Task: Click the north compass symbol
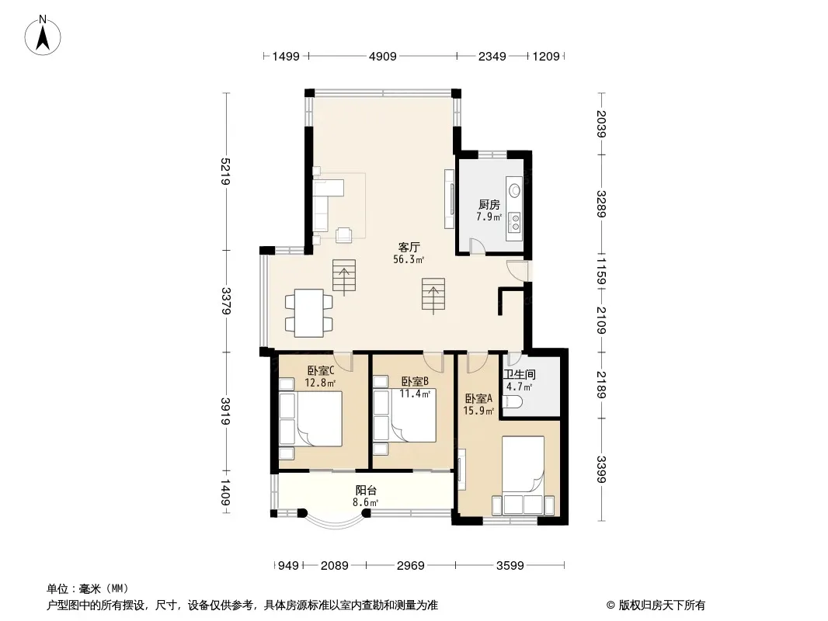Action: pos(42,36)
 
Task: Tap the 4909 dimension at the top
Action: pos(382,56)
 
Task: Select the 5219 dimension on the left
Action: pos(225,171)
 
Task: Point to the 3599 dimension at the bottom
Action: pos(510,566)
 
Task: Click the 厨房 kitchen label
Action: pos(489,204)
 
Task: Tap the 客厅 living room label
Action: pos(409,247)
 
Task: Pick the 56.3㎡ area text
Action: pos(409,259)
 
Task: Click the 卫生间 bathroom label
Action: pos(519,375)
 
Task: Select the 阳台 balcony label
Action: pos(366,490)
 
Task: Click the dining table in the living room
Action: pos(309,313)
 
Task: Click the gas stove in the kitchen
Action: pos(513,222)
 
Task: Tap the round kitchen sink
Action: pos(513,189)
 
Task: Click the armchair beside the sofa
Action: pos(344,234)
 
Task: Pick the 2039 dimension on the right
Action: pos(602,123)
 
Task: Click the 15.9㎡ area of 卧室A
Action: pos(478,411)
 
